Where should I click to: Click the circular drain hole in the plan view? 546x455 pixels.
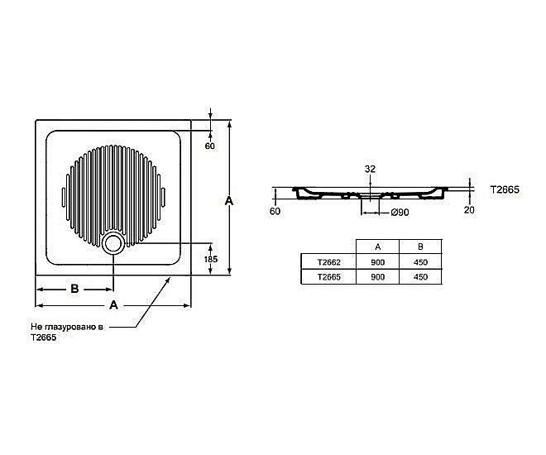(x=113, y=243)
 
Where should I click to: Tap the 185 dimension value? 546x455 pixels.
(x=211, y=259)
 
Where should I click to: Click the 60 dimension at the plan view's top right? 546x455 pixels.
(x=209, y=146)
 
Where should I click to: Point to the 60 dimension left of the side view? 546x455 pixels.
(x=275, y=211)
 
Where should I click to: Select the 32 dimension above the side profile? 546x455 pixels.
(x=370, y=169)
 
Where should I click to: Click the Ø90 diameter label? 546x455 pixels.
(x=400, y=213)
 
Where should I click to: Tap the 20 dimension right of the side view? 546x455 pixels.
(x=469, y=209)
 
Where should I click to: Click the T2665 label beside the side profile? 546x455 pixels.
(x=504, y=189)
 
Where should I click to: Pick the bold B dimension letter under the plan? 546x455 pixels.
(x=74, y=289)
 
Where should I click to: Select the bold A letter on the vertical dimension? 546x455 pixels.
(x=229, y=201)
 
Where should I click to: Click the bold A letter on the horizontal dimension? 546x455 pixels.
(x=113, y=305)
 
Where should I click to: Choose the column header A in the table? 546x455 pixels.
(x=377, y=247)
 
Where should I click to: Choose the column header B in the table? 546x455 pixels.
(x=420, y=247)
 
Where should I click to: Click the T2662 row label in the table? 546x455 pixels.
(x=329, y=262)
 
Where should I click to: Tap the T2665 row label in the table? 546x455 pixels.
(x=329, y=278)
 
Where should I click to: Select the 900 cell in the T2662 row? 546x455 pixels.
(x=377, y=262)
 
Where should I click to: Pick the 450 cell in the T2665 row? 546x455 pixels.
(x=420, y=278)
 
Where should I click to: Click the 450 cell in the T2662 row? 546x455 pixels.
(x=420, y=262)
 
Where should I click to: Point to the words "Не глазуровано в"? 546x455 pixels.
(x=67, y=328)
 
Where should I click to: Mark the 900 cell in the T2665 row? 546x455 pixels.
(x=377, y=278)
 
